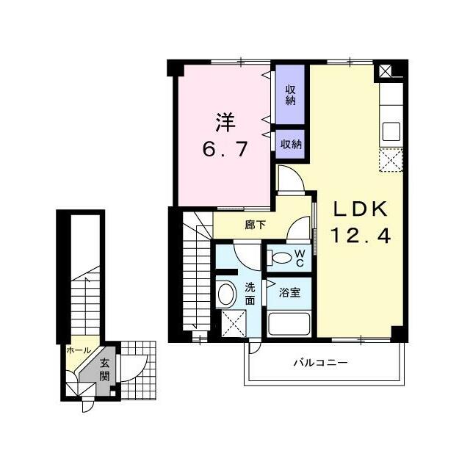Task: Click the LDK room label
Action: pos(361,209)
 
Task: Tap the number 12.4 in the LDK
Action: pos(361,235)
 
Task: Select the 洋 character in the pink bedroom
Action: pos(225,123)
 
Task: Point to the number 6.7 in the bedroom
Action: pos(225,149)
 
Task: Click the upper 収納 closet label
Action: pos(291,95)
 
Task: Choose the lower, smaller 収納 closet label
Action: pos(291,145)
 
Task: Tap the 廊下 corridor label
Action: pos(255,225)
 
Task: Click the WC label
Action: pos(300,258)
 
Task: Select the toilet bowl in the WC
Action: pos(281,258)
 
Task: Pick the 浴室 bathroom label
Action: pos(289,292)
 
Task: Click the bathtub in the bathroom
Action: pos(289,325)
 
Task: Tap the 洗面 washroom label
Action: pos(250,294)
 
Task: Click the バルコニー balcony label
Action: pos(320,363)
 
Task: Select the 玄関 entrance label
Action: pos(104,369)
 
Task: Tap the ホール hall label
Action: pos(79,350)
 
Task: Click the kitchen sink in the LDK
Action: pos(391,131)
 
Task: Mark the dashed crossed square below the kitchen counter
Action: pos(391,160)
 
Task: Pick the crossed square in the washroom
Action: pos(234,323)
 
